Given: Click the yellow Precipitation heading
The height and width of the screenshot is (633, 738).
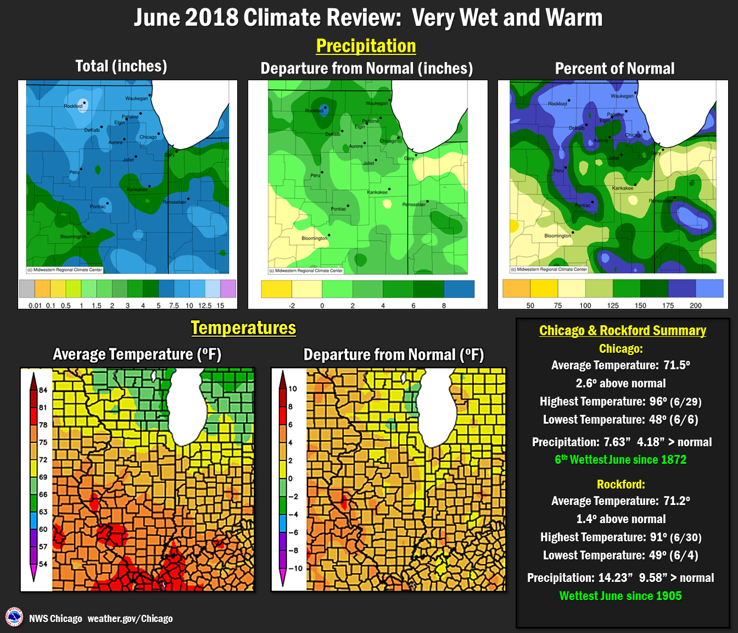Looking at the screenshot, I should [366, 46].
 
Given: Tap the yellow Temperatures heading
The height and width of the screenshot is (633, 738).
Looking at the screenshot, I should [243, 328].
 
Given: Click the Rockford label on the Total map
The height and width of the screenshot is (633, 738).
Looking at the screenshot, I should [72, 106].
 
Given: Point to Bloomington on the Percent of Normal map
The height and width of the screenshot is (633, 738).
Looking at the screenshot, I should [557, 236].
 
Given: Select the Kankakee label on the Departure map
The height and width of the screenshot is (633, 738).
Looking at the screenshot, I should [377, 192].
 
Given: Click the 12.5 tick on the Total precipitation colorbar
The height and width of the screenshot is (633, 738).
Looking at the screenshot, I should [205, 306].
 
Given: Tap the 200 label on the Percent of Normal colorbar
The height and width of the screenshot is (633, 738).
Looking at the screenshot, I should [695, 306].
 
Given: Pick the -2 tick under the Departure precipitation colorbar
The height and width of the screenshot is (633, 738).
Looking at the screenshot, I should [292, 306].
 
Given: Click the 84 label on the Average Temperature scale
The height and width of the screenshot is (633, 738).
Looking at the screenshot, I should [43, 390].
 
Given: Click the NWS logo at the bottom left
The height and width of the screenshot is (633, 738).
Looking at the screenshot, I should [14, 618].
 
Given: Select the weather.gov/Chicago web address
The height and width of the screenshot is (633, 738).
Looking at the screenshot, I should [130, 619].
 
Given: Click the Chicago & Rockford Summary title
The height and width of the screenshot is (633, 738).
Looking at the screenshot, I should [622, 331].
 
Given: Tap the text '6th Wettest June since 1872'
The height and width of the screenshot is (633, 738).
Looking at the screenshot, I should [620, 460].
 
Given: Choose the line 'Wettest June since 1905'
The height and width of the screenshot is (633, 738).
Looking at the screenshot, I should [620, 596].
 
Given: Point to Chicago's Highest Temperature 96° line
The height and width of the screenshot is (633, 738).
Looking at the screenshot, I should [620, 402].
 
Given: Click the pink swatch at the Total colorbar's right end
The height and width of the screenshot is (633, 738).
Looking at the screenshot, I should [228, 288].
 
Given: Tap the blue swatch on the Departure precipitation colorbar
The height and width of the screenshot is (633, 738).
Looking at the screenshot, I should [459, 289].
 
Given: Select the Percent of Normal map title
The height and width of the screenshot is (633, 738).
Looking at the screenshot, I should [614, 69].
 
